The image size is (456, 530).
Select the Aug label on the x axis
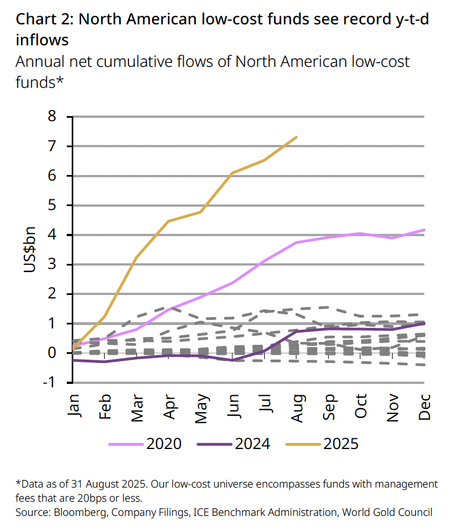(x=298, y=407)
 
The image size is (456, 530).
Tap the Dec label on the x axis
(x=425, y=406)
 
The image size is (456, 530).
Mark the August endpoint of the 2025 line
(x=297, y=137)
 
